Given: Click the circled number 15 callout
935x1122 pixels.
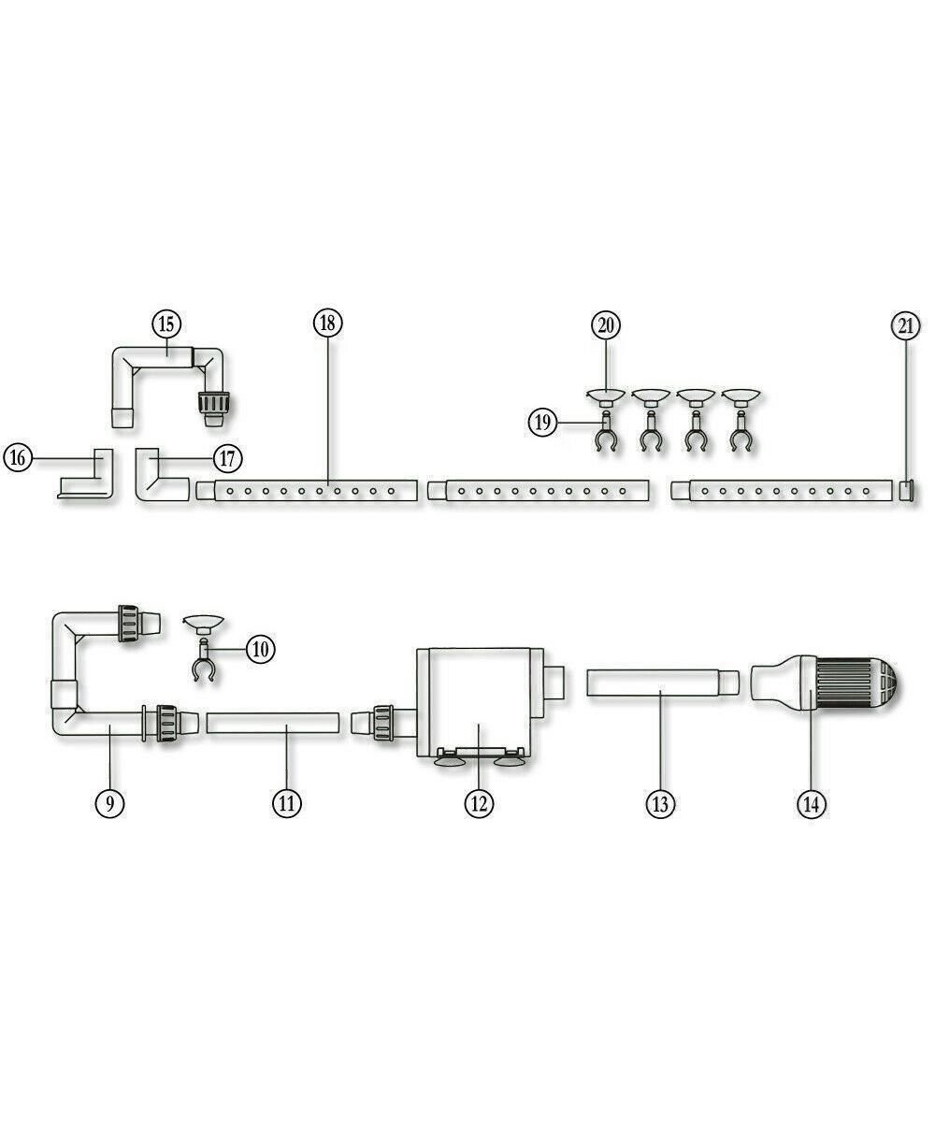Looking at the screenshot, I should (166, 324).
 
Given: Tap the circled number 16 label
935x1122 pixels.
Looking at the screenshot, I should (17, 458).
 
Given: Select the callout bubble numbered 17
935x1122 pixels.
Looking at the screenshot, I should (227, 458).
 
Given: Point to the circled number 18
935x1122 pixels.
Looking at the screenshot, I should (327, 324).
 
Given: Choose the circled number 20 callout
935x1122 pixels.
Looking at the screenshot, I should (606, 324).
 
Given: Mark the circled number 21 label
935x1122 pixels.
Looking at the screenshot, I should (905, 326).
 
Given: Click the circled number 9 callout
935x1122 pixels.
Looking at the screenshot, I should (109, 802).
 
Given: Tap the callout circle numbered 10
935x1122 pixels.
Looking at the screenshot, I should (261, 648).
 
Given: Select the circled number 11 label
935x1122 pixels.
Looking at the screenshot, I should (287, 802).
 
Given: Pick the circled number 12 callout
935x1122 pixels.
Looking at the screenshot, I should (479, 802).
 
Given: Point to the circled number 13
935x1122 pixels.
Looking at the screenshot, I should (660, 802).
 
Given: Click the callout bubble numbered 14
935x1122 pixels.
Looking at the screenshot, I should (812, 802).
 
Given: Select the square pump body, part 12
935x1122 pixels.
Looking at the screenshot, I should (477, 697).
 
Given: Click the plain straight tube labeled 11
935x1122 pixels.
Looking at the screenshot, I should (272, 725).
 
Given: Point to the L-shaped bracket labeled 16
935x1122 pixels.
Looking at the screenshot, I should (89, 479).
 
